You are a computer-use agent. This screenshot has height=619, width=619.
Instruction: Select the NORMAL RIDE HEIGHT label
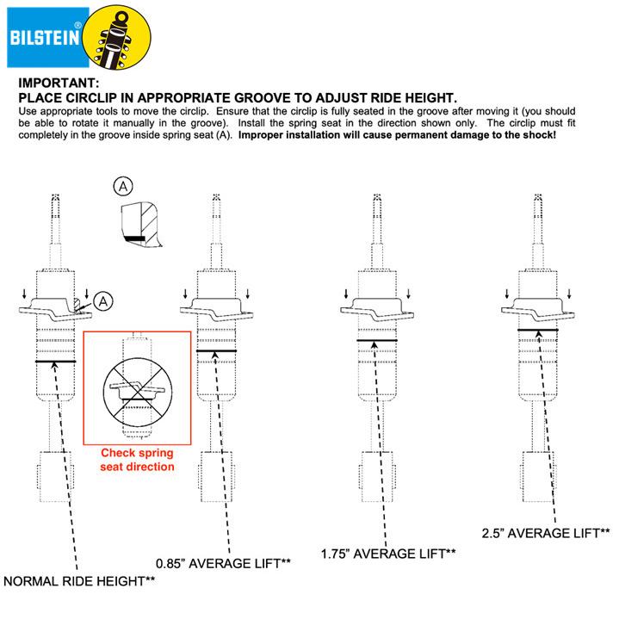pyautogui.click(x=78, y=582)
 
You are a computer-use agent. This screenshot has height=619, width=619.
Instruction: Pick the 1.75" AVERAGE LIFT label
pyautogui.click(x=387, y=553)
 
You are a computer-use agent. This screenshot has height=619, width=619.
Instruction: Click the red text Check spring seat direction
pyautogui.click(x=138, y=460)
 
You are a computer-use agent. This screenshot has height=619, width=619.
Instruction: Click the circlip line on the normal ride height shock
pyautogui.click(x=55, y=362)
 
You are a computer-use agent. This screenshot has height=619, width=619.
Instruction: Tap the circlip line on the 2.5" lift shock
pyautogui.click(x=538, y=330)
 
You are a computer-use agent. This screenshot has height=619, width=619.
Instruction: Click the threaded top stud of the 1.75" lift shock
pyautogui.click(x=376, y=210)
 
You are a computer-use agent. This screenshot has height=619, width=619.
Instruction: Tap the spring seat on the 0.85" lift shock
pyautogui.click(x=215, y=311)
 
